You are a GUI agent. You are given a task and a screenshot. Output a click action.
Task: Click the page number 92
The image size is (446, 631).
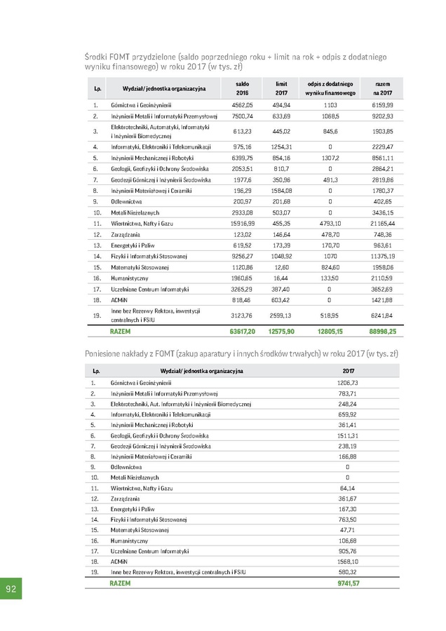tap(11, 588)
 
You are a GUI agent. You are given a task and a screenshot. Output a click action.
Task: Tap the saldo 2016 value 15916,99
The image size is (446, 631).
tap(242, 222)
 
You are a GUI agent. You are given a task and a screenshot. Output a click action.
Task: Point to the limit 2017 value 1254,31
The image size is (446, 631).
tap(282, 147)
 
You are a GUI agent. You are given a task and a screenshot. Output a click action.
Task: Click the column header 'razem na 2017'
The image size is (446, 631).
tap(382, 88)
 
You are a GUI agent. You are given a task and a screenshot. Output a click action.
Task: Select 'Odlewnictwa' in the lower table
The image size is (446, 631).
tap(126, 467)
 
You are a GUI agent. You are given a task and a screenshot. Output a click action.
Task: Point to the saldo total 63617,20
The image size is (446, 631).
tap(242, 330)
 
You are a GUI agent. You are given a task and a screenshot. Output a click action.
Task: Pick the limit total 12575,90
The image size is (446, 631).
tap(282, 330)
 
